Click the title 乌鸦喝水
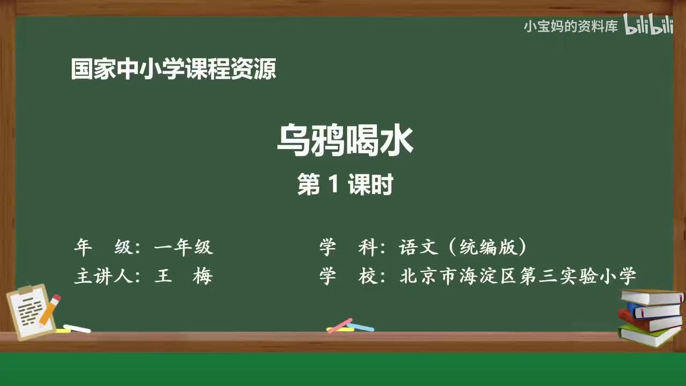tap(345, 140)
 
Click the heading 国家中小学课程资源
tap(174, 69)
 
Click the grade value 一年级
tap(183, 247)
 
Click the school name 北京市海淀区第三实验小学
tap(518, 276)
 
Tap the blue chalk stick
tap(361, 326)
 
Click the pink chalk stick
tap(339, 325)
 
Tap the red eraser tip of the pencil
tap(56, 298)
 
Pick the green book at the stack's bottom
tap(648, 336)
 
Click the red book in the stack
tap(648, 322)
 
